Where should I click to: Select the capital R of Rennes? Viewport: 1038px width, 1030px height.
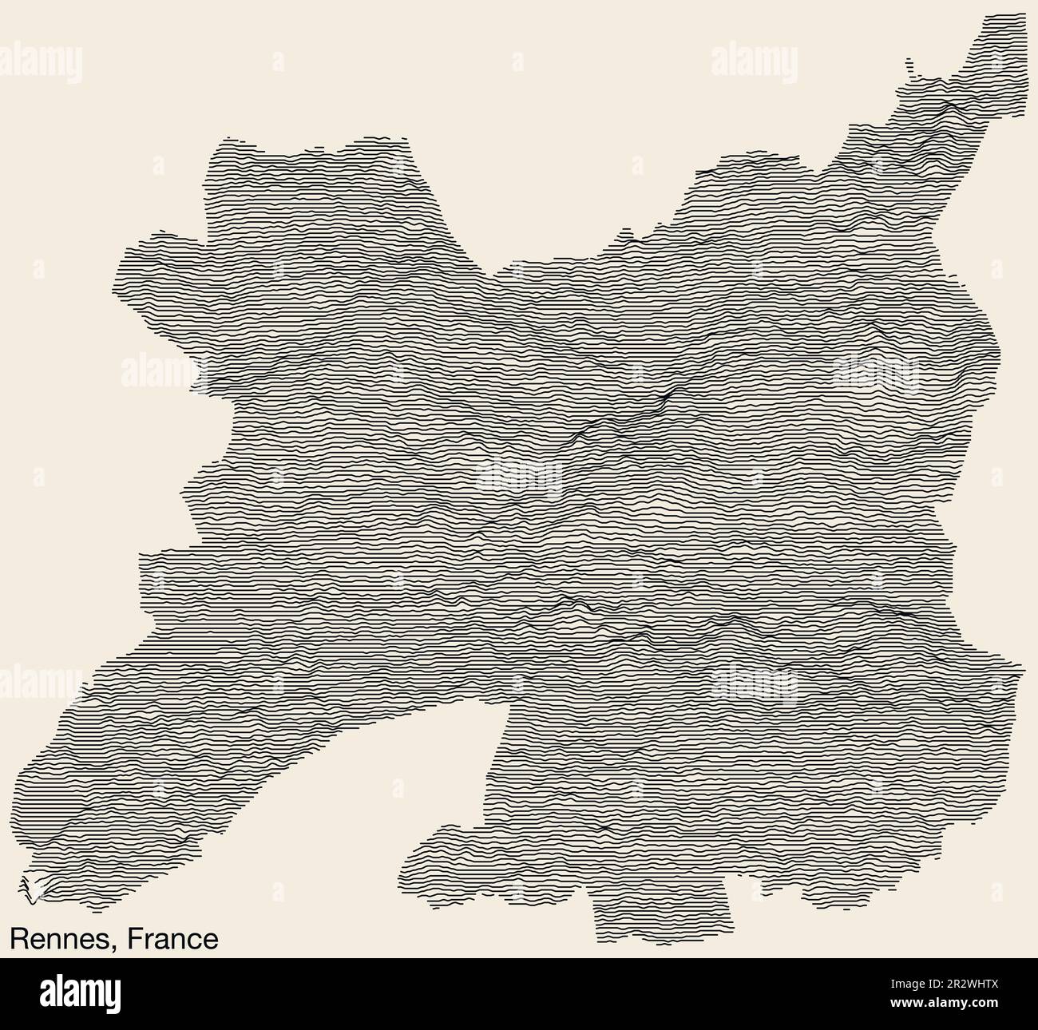click(x=18, y=939)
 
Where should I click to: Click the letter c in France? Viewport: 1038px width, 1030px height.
click(x=196, y=941)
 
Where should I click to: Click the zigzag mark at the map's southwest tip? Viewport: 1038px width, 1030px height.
click(x=29, y=888)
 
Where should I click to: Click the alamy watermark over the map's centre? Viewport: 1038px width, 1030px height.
click(x=519, y=477)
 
